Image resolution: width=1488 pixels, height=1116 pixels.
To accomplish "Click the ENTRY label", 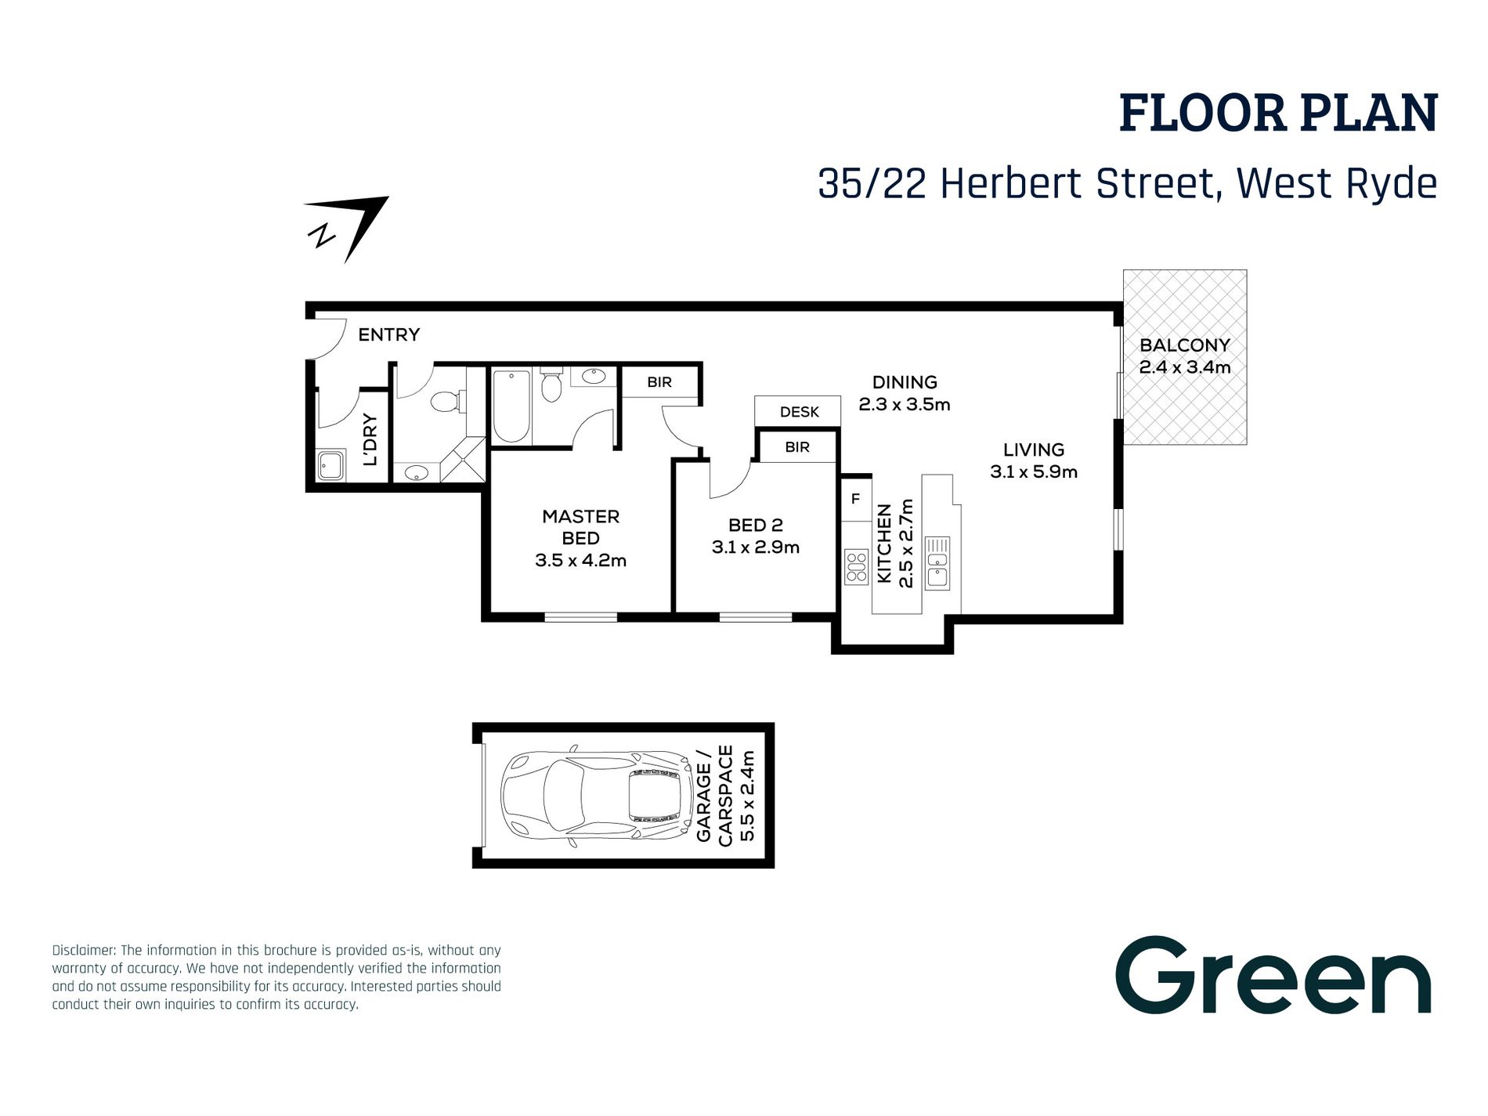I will point(388,334).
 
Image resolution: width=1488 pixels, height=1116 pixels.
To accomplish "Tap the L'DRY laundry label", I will point(370,439).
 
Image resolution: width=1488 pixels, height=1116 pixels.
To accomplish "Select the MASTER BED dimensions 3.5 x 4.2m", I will point(580,560).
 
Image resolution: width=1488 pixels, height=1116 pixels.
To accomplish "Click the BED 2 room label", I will point(755,525).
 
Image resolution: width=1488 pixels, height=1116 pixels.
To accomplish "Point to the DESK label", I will point(799,412).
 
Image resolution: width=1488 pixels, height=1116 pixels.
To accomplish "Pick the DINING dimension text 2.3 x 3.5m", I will point(904,404).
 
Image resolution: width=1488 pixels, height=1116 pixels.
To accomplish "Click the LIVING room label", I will point(1033,450).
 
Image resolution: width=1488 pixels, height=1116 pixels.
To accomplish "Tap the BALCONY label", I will point(1184,345).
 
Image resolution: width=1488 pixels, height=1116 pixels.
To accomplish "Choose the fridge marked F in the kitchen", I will point(855,499).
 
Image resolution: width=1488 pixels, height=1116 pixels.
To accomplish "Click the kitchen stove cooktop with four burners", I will point(856,567).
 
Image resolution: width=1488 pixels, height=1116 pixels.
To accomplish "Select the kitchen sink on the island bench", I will point(937,563).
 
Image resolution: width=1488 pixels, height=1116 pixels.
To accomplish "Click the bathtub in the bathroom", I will point(511,406).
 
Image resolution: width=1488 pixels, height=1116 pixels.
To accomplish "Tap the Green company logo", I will point(1273,976).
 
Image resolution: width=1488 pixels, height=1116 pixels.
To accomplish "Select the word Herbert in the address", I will point(1011,184).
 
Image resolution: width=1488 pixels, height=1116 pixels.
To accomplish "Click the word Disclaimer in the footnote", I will point(84,950).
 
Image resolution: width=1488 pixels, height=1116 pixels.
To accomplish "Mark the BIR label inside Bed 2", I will point(796,447).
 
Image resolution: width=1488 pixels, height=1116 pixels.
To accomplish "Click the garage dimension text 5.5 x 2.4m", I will point(747,796).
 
